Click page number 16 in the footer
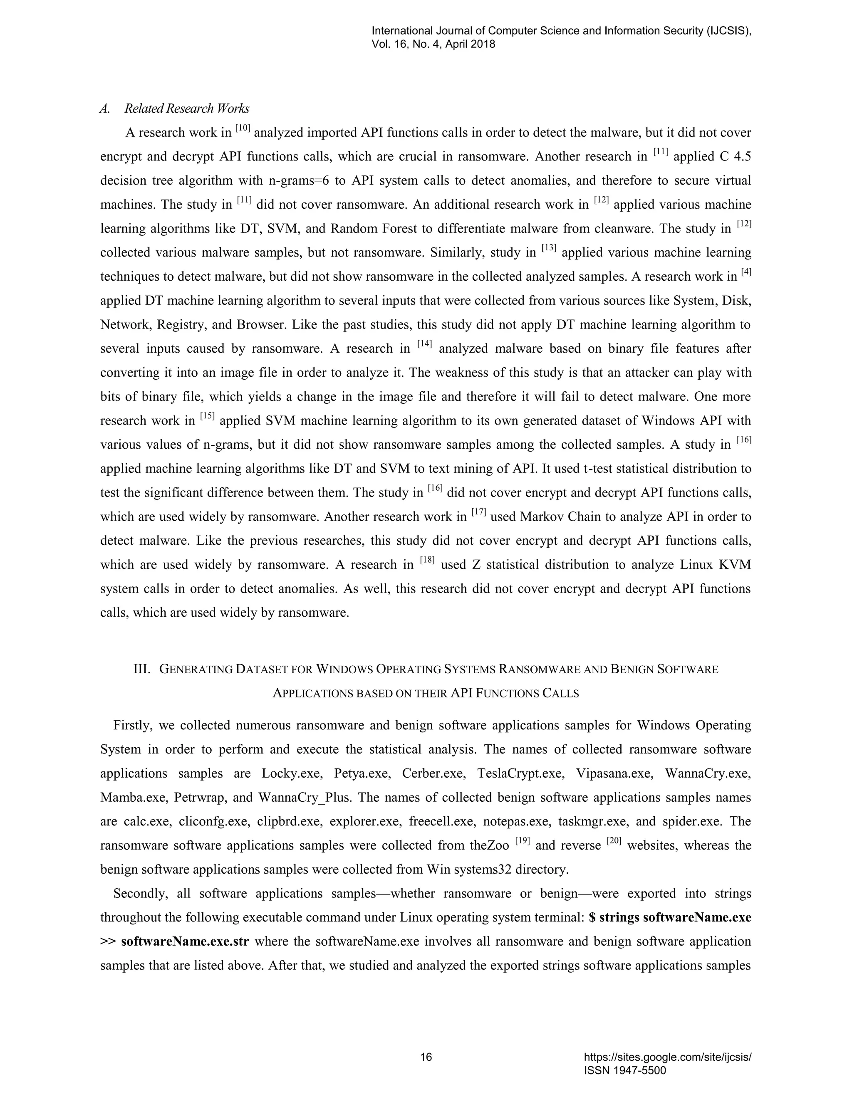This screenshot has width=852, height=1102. [426, 1057]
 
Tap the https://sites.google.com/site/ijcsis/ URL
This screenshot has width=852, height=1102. [667, 1057]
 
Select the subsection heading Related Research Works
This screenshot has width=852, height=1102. [187, 109]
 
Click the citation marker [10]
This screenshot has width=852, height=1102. [243, 128]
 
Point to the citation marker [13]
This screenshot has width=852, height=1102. [549, 248]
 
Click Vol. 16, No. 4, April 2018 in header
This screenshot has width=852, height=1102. [433, 44]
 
